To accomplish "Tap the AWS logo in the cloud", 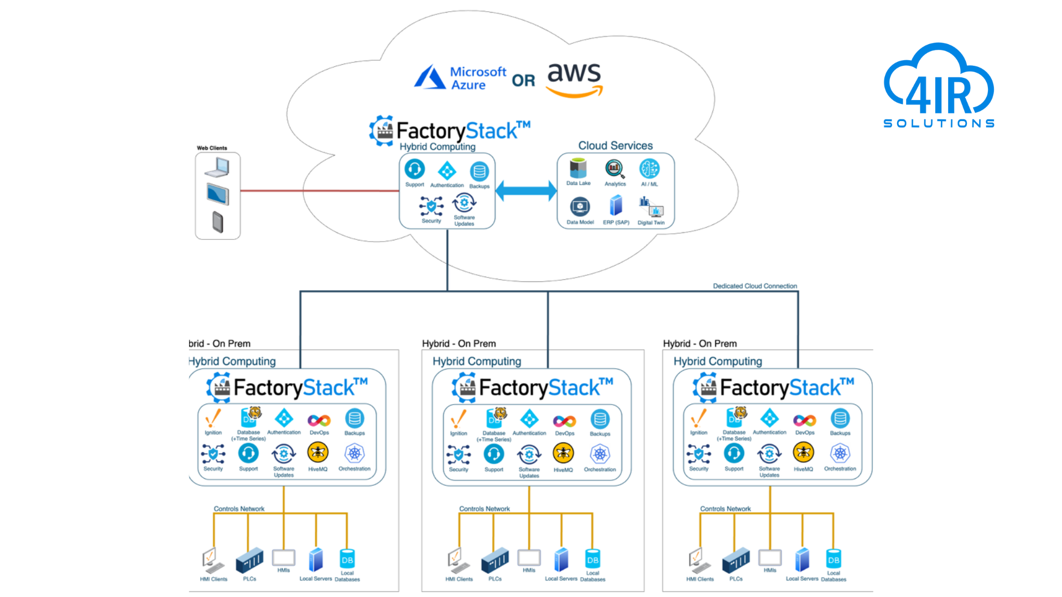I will coord(574,80).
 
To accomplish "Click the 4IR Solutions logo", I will coord(939,86).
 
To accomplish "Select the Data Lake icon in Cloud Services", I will coord(578,168).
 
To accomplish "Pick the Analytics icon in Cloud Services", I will coord(615,169).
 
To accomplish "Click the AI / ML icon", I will coord(649,169).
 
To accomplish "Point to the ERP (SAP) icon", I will coord(616,206).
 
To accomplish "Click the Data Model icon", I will coord(580,207).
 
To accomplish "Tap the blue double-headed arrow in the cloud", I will coord(526,191).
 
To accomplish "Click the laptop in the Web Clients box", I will coord(217,167).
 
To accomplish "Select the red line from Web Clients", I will coord(320,191).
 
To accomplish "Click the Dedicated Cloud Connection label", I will coord(754,286).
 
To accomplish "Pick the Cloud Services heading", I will coord(615,146).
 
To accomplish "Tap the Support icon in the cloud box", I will coord(414,169).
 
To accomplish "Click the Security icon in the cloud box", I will coord(431,206).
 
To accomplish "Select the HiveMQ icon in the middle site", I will coord(563,454).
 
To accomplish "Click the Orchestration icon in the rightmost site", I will coord(840,454).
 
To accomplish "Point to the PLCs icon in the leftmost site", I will coord(249,561).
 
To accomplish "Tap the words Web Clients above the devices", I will coord(212,148).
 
